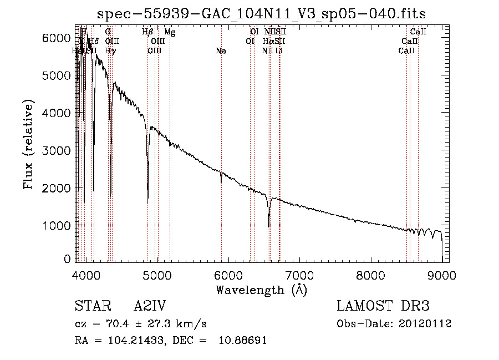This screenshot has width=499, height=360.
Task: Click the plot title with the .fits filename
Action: tap(261, 13)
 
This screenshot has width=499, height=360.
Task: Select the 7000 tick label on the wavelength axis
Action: tap(299, 275)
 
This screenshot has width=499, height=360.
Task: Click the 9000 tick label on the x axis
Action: tap(442, 275)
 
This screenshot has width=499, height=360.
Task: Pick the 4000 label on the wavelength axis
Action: tap(86, 275)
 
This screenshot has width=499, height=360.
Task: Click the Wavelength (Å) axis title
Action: tap(261, 290)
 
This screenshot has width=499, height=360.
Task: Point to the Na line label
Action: tap(221, 51)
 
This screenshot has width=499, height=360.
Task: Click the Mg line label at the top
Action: tap(170, 32)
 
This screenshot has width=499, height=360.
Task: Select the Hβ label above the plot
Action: tap(147, 32)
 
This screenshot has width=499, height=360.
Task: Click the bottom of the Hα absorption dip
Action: tap(269, 226)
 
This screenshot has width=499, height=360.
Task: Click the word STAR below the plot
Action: tap(89, 307)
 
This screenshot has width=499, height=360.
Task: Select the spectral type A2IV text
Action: tap(150, 307)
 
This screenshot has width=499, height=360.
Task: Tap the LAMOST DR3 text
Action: tap(383, 307)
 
